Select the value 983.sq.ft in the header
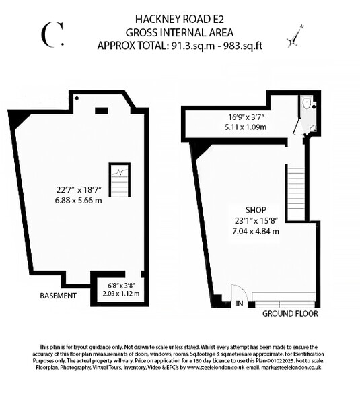coord(240,45)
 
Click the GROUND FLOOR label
coord(290,314)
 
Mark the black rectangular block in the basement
coord(102,110)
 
